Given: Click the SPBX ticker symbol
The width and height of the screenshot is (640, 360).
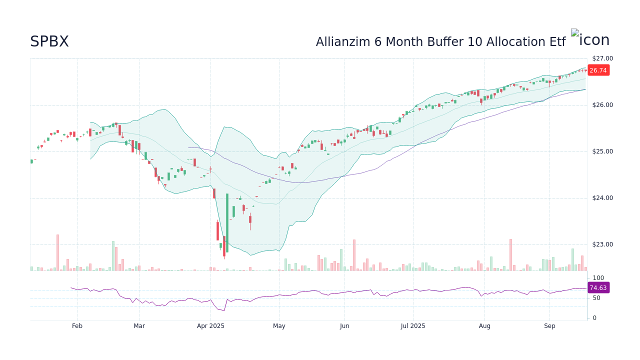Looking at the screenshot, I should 49,41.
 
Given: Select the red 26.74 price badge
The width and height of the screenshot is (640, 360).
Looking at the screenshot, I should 598,70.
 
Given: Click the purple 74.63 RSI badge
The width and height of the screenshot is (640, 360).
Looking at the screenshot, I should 598,287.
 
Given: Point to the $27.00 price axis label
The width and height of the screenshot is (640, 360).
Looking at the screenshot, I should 602,58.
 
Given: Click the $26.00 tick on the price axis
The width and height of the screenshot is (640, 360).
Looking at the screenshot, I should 602,105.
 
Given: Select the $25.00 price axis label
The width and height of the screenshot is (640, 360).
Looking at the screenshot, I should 602,151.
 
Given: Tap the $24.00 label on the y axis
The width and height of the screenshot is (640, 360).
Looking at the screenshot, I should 602,198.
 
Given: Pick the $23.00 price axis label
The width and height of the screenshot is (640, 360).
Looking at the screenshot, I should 602,244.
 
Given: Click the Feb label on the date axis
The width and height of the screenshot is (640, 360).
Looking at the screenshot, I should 77,326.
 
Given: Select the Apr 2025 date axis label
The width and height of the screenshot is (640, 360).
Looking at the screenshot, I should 210,326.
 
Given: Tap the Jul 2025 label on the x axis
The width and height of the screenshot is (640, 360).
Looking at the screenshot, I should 413,326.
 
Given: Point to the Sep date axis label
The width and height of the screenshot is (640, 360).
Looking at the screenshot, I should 549,326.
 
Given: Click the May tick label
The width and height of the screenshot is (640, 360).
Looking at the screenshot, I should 279,326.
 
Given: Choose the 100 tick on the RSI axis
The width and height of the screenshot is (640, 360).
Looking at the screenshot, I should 598,278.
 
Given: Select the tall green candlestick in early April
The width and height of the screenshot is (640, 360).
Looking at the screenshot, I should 227,222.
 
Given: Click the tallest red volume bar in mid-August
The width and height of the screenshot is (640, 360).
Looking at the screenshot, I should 510,255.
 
